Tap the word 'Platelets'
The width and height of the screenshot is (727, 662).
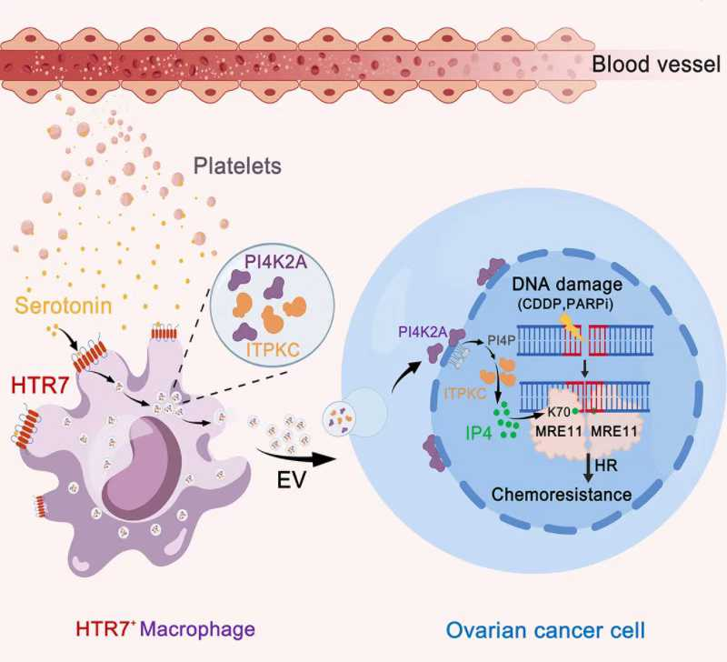point(236,167)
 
